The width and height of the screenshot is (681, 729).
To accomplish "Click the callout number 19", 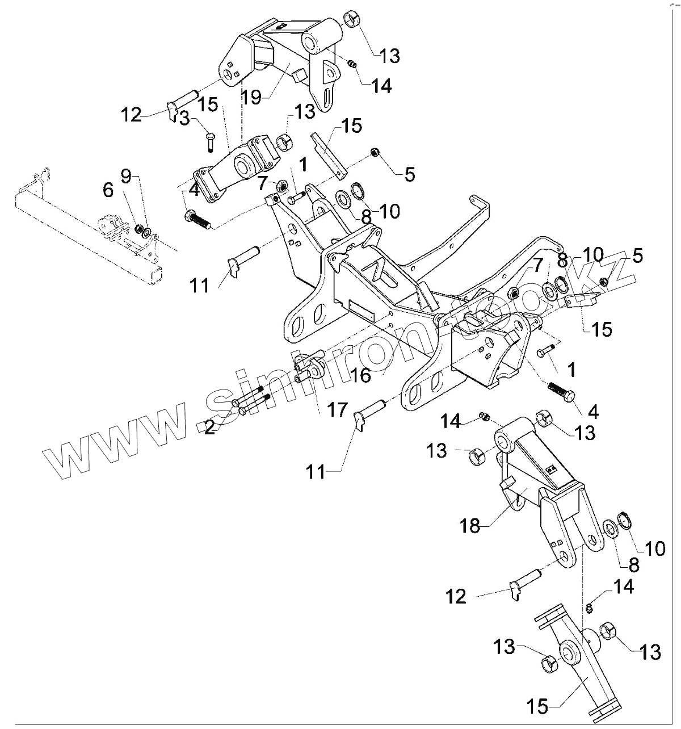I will (251, 96).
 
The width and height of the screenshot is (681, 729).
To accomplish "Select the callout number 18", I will (470, 526).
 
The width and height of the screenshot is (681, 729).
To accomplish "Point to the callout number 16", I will (361, 375).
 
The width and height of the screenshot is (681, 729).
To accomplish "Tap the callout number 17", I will (337, 409).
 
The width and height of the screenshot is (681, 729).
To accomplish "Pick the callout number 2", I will (209, 427).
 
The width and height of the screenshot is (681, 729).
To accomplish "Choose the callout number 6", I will (108, 192).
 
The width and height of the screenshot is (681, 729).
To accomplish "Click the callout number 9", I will (127, 176).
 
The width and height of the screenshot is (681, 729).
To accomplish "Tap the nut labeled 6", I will (138, 229).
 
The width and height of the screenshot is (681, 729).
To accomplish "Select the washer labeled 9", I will (147, 232).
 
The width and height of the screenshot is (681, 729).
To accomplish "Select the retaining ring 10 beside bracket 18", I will (625, 519).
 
